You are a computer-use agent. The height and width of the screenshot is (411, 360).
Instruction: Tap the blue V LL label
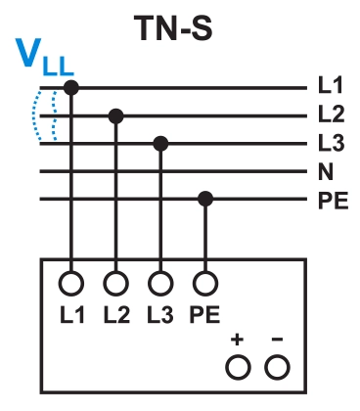(x=44, y=65)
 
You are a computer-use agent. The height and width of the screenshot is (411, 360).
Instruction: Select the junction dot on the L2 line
(x=115, y=116)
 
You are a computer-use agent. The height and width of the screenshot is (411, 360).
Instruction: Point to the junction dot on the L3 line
(x=160, y=144)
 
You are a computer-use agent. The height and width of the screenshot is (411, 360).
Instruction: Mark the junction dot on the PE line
(x=204, y=200)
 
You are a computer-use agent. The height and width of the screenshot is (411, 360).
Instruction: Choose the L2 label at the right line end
(x=331, y=116)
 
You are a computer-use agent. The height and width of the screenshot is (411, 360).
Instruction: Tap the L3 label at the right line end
(x=331, y=144)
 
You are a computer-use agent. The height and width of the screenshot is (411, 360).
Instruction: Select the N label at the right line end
(x=326, y=172)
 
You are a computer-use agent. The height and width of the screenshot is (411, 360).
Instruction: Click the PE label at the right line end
(x=332, y=200)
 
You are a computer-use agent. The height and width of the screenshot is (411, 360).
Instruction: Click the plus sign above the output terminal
(x=238, y=341)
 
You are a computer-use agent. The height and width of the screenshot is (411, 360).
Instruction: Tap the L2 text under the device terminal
(x=115, y=315)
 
